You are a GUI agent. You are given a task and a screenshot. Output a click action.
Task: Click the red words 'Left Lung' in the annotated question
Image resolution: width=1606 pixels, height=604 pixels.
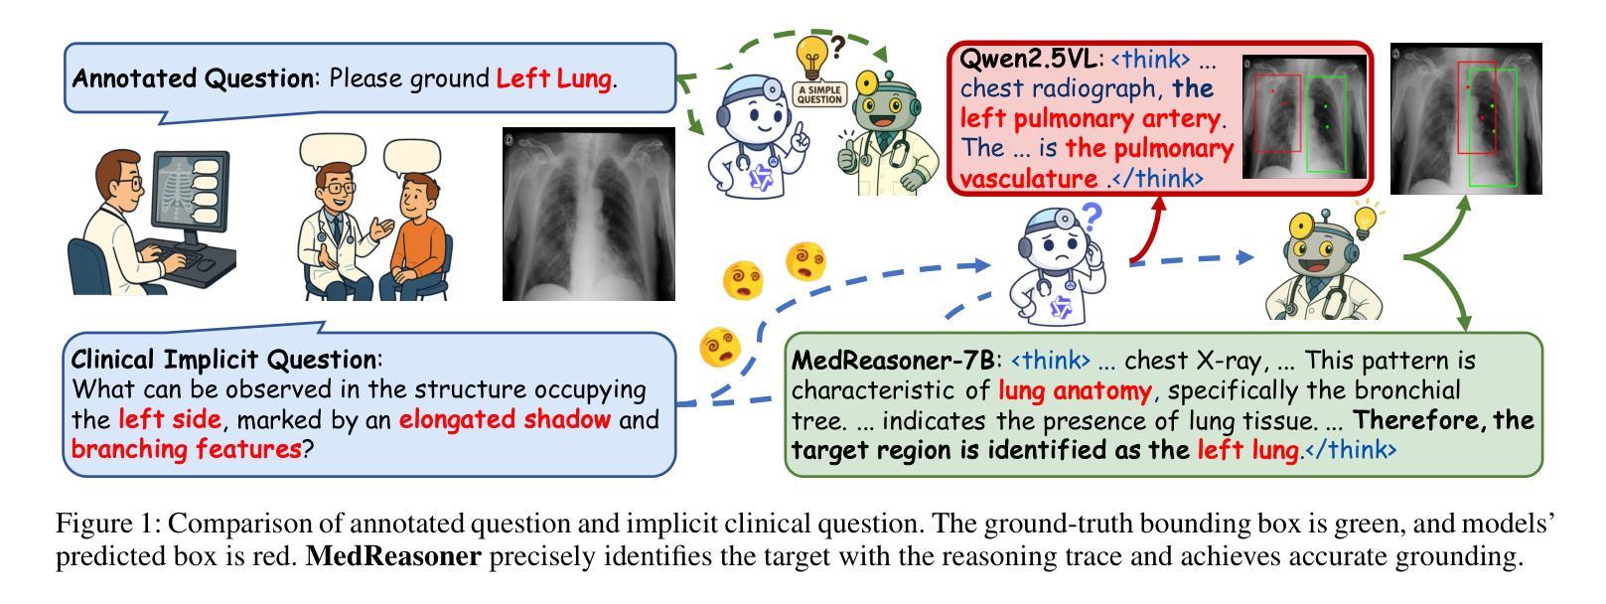pos(554,78)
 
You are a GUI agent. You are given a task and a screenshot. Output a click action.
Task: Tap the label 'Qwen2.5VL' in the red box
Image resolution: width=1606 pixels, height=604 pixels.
pos(1027,59)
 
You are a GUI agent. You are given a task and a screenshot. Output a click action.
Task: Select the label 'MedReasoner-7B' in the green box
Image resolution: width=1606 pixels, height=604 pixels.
pos(893,360)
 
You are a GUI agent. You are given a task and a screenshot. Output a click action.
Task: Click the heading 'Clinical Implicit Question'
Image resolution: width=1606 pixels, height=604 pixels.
pos(223,360)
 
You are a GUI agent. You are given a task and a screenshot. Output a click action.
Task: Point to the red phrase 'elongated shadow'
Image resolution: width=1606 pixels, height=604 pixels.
pos(505,419)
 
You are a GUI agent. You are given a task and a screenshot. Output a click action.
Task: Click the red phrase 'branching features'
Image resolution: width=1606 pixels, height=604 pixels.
pos(187,449)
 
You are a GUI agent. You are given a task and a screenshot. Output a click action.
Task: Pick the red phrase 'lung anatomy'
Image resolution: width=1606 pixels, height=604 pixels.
pos(1075,391)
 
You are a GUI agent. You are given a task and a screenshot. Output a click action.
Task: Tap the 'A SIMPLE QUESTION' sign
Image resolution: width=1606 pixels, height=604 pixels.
pos(819,94)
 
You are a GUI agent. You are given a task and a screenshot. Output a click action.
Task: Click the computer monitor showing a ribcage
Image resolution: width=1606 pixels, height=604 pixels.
pos(190,193)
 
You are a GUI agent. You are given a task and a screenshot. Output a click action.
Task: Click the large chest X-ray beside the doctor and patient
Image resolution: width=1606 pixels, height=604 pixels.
pos(589,214)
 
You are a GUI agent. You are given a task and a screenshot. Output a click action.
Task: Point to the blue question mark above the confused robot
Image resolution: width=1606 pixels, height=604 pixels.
pos(1092,216)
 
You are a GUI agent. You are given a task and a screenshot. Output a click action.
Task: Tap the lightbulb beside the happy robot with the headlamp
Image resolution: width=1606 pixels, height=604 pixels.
pos(1366,219)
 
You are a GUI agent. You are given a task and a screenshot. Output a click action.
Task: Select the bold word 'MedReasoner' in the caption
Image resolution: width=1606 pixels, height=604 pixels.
pos(393,556)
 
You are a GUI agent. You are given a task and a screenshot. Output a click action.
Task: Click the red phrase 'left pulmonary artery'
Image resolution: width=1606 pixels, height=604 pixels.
pos(1090,119)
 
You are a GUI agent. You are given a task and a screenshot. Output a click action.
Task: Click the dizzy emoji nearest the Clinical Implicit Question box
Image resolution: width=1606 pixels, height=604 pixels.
pos(720,347)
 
